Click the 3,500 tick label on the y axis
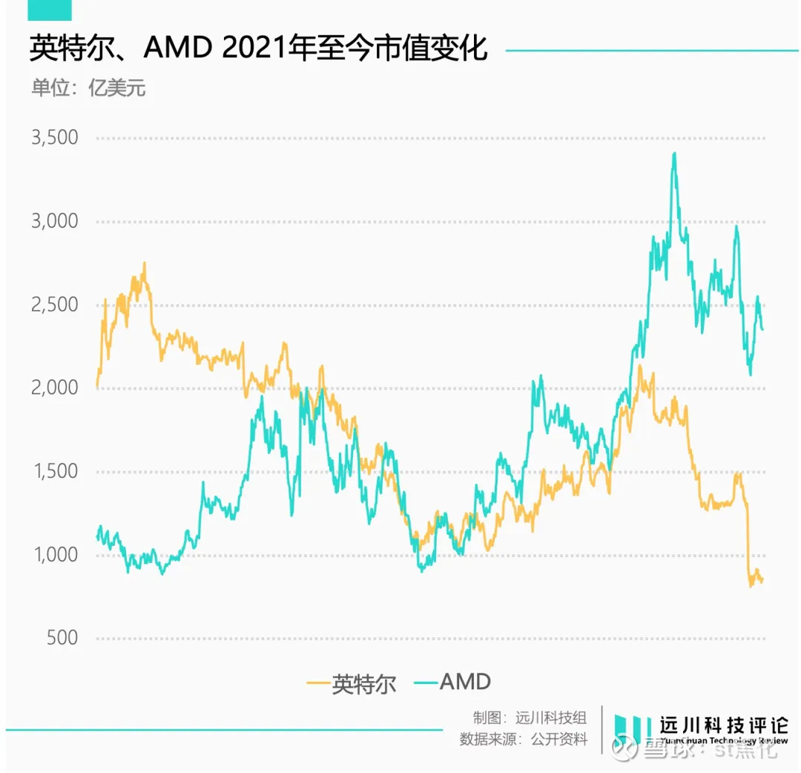(x=53, y=138)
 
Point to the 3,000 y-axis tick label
(x=53, y=221)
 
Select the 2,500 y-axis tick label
(x=53, y=305)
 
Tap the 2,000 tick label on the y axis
(x=53, y=388)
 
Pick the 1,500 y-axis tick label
(x=53, y=471)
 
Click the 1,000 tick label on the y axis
(x=53, y=555)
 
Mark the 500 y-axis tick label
(x=62, y=638)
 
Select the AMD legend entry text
(x=465, y=681)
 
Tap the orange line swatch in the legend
(x=317, y=682)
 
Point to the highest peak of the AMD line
(x=674, y=153)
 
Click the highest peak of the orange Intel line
(x=145, y=263)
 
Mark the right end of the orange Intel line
(x=762, y=581)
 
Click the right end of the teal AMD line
(x=762, y=329)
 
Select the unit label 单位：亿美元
(x=88, y=88)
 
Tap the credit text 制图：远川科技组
(x=530, y=717)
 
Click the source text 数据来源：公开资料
(x=524, y=740)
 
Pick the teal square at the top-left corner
(x=50, y=10)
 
